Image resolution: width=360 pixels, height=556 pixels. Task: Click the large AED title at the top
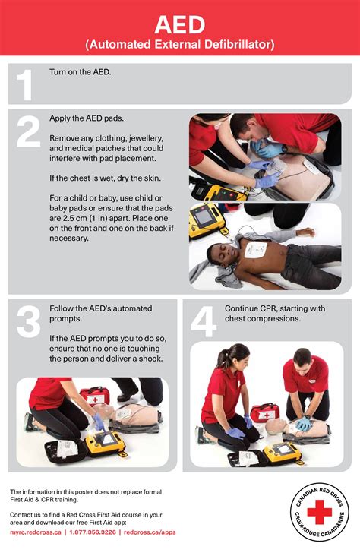tap(179, 24)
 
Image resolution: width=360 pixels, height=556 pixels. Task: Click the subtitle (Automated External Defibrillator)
tap(179, 46)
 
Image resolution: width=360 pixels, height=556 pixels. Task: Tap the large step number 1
tap(25, 84)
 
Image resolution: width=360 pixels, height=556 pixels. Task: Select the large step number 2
tap(27, 132)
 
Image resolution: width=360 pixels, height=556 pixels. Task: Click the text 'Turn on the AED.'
tap(80, 72)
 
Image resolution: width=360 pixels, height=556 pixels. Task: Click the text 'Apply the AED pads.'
tap(86, 119)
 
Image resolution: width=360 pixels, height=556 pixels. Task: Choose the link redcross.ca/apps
tap(150, 532)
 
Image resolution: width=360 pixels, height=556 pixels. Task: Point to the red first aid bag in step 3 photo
tap(95, 396)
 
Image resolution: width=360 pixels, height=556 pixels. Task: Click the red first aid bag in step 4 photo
tap(264, 412)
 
